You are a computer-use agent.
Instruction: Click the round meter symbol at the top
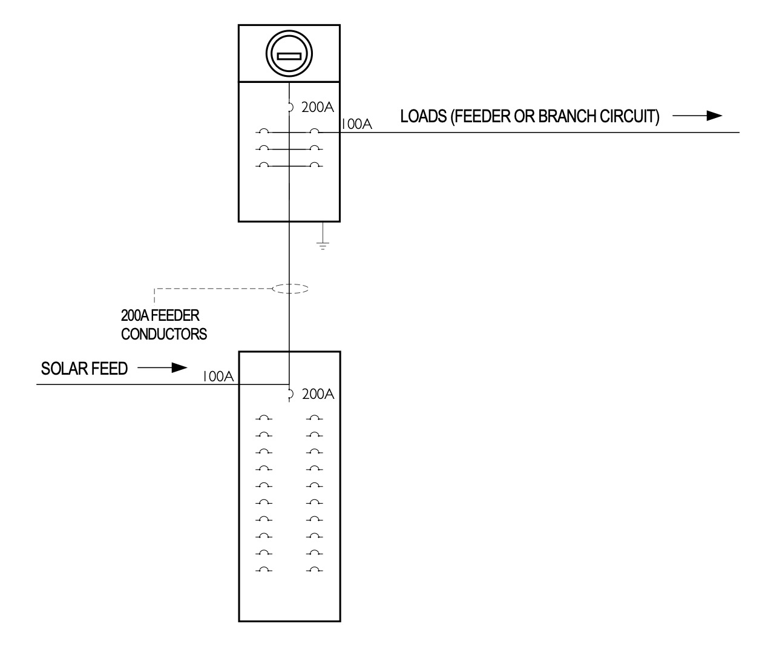[x=289, y=54]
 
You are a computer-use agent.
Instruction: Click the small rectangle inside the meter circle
[x=289, y=56]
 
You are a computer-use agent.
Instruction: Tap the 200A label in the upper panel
[x=318, y=107]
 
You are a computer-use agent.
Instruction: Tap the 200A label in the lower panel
[x=318, y=394]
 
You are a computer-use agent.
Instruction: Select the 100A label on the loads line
[x=356, y=124]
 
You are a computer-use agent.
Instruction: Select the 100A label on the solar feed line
[x=218, y=377]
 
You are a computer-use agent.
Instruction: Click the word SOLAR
[x=64, y=369]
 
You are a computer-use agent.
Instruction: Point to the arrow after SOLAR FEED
[x=162, y=368]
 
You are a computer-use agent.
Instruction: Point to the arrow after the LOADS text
[x=697, y=116]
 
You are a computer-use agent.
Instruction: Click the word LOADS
[x=424, y=116]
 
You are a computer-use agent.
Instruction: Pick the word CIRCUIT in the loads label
[x=629, y=116]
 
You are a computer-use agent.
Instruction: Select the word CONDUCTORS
[x=164, y=334]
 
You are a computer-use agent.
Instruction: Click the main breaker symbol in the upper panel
[x=290, y=107]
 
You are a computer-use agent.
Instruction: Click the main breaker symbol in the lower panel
[x=290, y=394]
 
